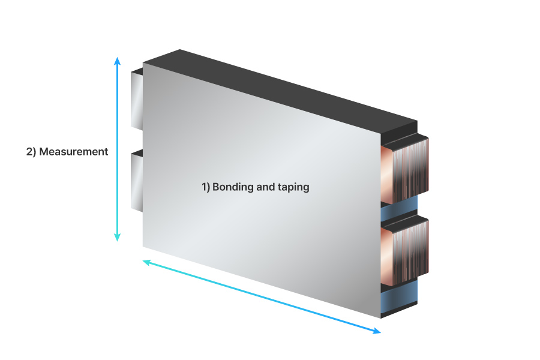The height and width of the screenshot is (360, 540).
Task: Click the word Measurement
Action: (74, 152)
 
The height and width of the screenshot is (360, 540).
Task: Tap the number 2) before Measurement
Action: (31, 152)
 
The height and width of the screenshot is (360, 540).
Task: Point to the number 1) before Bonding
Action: (206, 187)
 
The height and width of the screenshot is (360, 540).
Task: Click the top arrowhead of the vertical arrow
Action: (117, 61)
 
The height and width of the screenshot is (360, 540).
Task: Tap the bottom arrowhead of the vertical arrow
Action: (117, 237)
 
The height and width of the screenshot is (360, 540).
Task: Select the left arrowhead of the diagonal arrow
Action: (147, 263)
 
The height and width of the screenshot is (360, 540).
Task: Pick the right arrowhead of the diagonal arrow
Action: (377, 331)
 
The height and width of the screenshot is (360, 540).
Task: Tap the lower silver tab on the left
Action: (137, 181)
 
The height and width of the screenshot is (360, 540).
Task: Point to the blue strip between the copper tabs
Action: (400, 210)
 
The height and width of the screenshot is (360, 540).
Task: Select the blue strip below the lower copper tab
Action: (400, 293)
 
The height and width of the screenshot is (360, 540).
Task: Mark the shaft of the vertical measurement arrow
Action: (117, 149)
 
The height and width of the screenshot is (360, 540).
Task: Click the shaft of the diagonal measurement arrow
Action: (262, 296)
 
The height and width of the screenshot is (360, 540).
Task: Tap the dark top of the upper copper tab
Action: (405, 139)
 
